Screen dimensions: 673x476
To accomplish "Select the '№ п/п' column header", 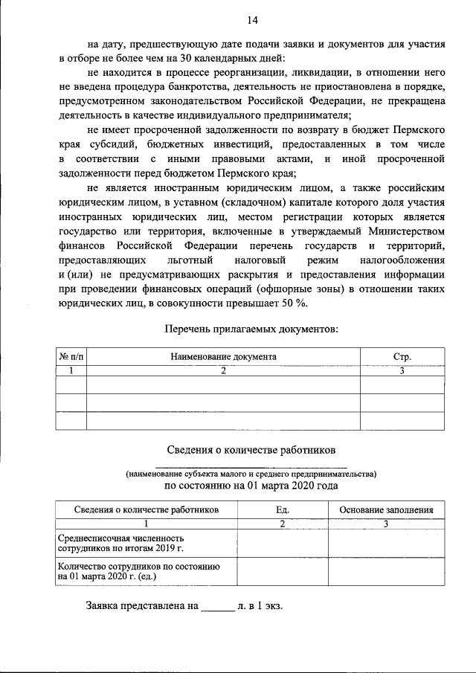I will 71,357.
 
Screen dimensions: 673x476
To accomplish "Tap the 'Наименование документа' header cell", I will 223,357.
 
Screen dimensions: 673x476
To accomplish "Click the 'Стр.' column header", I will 402,357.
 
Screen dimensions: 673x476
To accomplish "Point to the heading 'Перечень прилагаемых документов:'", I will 251,329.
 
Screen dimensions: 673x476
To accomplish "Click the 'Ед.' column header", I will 282,510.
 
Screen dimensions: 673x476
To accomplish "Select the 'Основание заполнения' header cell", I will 386,510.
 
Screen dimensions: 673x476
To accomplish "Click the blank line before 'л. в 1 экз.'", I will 218,606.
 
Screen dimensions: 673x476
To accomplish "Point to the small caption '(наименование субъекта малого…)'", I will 251,473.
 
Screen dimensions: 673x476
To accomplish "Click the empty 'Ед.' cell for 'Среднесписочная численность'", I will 282,542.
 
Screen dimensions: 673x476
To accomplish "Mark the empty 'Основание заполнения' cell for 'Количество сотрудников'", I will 386,570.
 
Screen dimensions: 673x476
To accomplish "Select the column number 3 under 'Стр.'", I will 402,370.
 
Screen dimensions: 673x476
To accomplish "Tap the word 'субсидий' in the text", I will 102,144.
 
